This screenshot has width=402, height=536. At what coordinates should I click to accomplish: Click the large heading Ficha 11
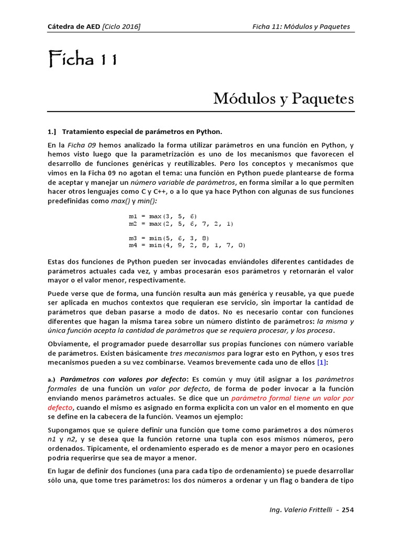pos(82,61)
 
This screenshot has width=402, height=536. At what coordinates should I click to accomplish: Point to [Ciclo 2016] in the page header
pos(121,27)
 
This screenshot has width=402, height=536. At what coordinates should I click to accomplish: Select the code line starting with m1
pos(163,216)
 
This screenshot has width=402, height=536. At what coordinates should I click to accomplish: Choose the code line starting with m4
pos(187,244)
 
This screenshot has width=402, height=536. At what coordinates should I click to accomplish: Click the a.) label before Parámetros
pos(52,379)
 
